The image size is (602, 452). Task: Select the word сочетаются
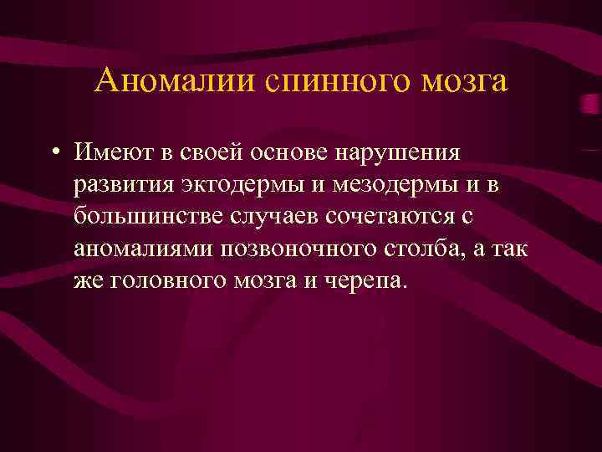[x=392, y=216]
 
